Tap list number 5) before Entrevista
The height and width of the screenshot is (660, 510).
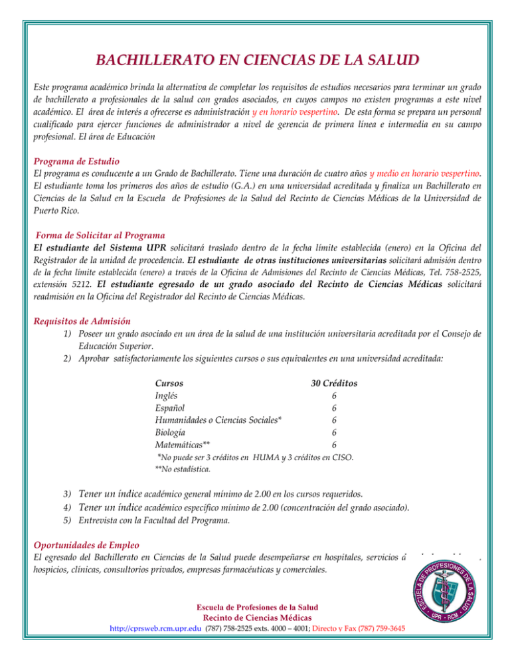coord(68,521)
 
